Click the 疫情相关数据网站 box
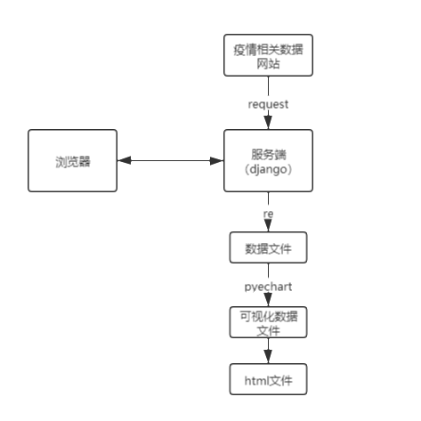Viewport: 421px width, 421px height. point(268,56)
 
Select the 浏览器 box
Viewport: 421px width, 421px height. point(73,161)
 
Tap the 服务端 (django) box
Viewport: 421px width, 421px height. point(268,161)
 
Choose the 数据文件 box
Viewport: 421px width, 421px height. point(268,249)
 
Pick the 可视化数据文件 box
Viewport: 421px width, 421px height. point(268,322)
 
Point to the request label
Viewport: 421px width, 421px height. point(268,103)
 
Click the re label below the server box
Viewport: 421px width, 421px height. point(268,215)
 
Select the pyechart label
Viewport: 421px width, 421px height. point(268,287)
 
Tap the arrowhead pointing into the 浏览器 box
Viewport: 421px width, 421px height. point(125,161)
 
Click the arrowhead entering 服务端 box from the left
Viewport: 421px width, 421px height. point(216,161)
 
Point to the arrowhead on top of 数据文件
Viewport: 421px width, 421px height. point(268,229)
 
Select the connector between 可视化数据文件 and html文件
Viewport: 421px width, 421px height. point(268,352)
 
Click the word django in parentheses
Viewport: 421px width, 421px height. point(268,169)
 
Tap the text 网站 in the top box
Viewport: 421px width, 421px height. point(268,64)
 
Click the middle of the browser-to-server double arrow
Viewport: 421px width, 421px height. point(171,161)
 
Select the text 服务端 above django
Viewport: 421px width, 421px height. point(268,153)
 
